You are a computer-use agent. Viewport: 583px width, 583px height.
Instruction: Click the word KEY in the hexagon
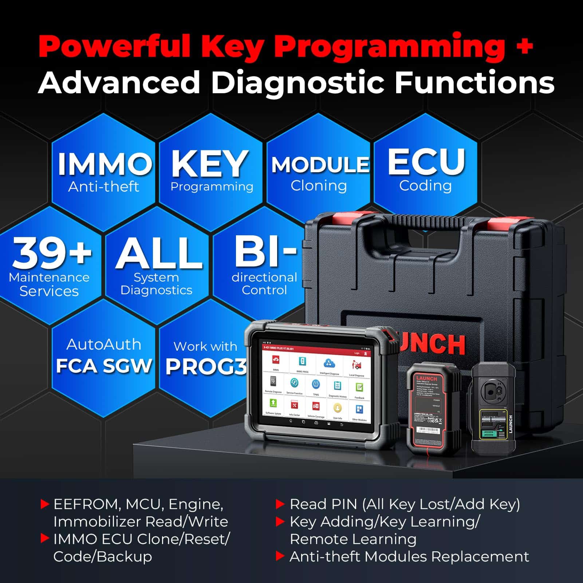click(209, 164)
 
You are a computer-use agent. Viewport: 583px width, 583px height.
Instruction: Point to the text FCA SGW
click(104, 366)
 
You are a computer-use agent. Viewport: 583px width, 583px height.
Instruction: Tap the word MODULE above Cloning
click(320, 165)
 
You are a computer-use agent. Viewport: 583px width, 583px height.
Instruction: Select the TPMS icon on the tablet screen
click(316, 385)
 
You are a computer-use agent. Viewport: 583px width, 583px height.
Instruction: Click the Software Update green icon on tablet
click(273, 403)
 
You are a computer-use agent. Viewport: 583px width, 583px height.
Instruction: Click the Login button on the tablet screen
click(357, 353)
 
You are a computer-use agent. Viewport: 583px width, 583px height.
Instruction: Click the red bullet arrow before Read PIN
click(280, 504)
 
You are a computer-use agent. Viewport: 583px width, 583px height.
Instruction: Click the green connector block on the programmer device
click(493, 434)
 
